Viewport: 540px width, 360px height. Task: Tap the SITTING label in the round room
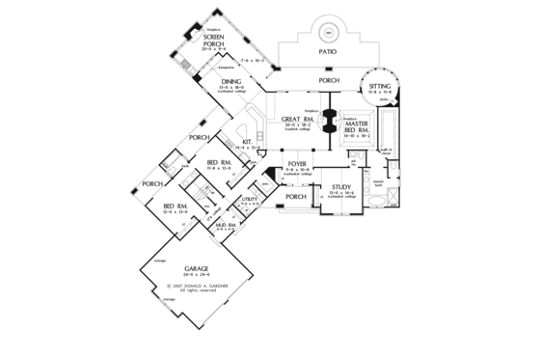click(x=380, y=87)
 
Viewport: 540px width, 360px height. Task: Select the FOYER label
click(x=298, y=164)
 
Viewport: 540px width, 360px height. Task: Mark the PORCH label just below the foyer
click(x=296, y=197)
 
